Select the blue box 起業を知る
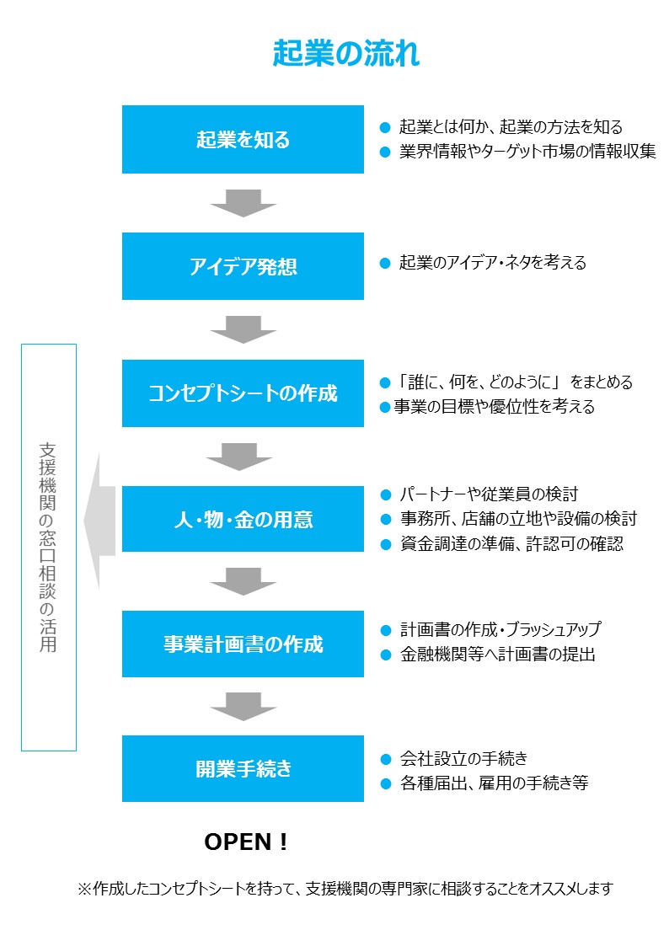coord(243,140)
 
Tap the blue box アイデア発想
coord(243,266)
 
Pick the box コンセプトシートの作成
coord(243,393)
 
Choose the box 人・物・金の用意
coord(243,519)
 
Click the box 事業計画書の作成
coord(243,644)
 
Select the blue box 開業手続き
coord(243,768)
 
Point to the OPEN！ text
coord(246,842)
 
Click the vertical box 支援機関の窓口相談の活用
coord(49,547)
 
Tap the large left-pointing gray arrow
coord(99,521)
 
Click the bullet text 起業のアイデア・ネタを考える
coord(493,263)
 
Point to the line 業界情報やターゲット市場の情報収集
coord(527,152)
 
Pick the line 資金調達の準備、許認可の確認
coord(511,543)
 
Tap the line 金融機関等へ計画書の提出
coord(497,654)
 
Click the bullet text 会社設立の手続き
coord(463,758)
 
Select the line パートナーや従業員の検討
coord(488,494)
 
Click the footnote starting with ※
coord(345,889)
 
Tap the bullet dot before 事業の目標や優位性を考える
coord(385,408)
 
